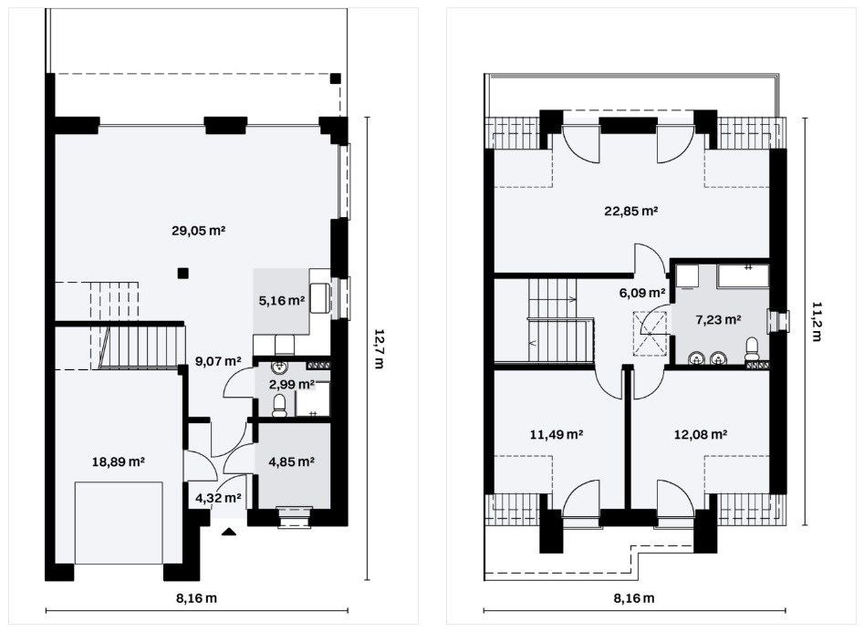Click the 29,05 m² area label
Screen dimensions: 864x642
click(198, 231)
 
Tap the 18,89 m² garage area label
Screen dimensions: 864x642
click(119, 461)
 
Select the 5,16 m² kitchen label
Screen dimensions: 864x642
click(282, 301)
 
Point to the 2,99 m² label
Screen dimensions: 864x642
click(291, 384)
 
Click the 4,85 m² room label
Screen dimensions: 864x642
click(291, 461)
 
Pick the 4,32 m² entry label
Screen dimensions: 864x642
click(218, 498)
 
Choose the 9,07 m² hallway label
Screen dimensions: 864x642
click(218, 361)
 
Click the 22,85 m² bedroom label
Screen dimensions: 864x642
click(631, 211)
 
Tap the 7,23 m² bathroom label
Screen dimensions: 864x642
click(718, 319)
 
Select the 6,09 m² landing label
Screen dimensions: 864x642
click(642, 293)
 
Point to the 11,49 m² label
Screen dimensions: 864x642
click(557, 434)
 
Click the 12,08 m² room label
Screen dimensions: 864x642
click(701, 434)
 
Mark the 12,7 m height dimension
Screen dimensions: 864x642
click(379, 348)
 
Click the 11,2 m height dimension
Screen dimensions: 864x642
click(816, 321)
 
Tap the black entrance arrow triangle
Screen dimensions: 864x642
click(229, 532)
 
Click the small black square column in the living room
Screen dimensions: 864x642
click(183, 273)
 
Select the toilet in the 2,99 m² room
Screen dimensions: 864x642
click(279, 405)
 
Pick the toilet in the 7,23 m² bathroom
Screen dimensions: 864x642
click(752, 350)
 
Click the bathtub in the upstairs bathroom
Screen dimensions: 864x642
click(743, 275)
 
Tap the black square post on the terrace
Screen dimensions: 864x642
click(335, 78)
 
